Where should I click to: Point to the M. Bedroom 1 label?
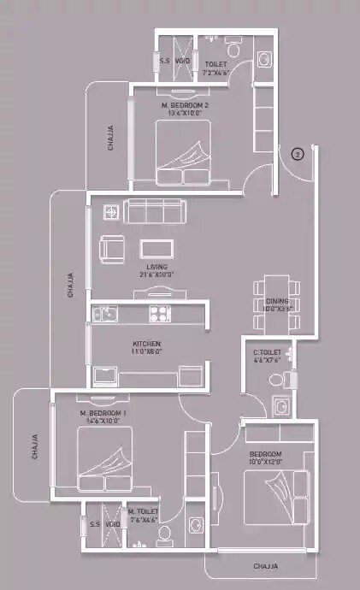click(103, 413)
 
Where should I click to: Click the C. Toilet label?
click(268, 351)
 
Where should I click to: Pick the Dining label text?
click(277, 302)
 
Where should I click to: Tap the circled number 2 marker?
click(297, 155)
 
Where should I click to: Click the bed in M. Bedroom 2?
click(183, 151)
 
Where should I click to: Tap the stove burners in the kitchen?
click(160, 313)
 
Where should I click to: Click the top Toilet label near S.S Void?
click(216, 64)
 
